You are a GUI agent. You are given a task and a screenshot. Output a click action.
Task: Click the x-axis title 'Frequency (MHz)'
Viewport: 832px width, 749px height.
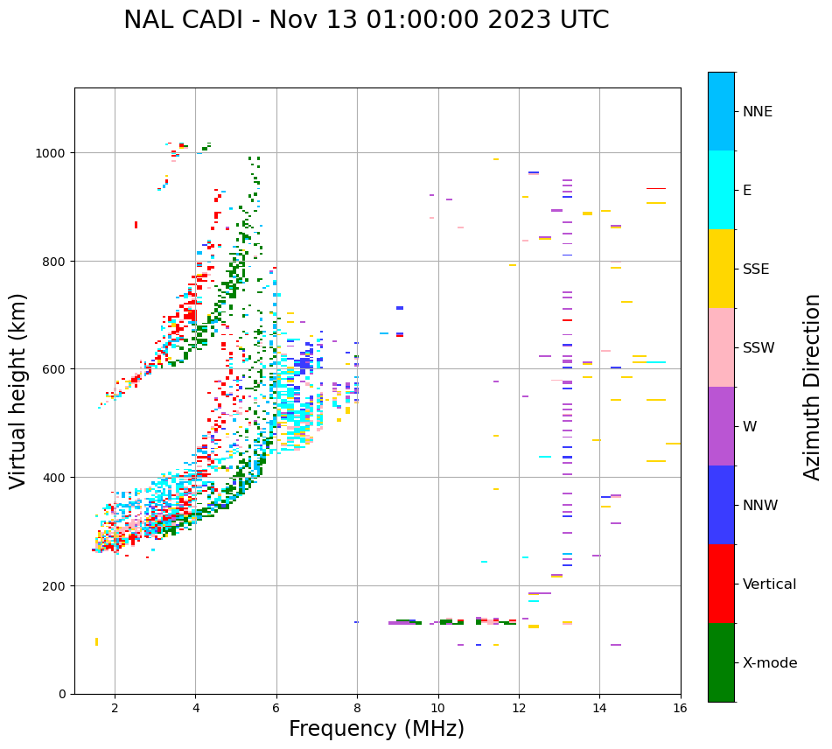376,729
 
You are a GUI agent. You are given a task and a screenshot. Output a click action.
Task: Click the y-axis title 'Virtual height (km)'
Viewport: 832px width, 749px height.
18,390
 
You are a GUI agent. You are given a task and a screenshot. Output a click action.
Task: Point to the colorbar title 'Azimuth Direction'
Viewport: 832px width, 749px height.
812,387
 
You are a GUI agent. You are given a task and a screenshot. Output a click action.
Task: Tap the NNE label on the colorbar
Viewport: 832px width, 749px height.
758,111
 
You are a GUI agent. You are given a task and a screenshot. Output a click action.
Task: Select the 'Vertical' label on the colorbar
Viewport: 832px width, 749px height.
769,584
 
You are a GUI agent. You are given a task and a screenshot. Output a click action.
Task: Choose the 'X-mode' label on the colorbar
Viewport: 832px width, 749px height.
770,662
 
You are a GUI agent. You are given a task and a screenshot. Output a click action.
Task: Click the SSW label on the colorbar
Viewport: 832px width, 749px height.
759,347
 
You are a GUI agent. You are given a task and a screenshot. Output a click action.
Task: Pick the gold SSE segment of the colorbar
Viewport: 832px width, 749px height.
721,269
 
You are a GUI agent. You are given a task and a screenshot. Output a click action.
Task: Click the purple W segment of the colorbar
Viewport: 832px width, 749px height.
721,426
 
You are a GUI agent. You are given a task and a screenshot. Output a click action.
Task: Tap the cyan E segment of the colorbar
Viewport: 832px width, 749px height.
721,190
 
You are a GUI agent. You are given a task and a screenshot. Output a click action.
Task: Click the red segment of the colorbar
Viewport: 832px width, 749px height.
721,584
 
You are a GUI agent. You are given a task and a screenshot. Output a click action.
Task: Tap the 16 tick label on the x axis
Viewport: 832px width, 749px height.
681,709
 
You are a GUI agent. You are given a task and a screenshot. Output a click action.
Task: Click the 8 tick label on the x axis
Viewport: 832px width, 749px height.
357,709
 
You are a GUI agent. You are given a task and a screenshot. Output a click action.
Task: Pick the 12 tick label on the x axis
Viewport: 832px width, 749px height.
519,709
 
